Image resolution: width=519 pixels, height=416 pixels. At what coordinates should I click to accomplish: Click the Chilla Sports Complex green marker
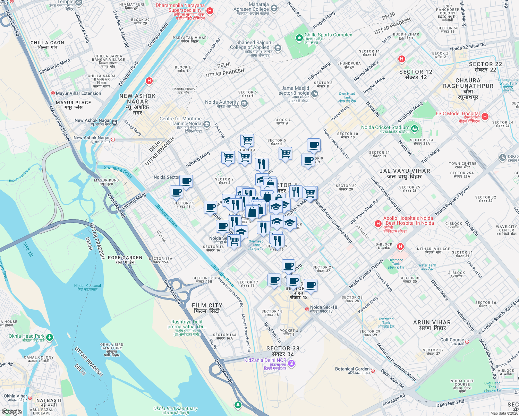[x=299, y=38]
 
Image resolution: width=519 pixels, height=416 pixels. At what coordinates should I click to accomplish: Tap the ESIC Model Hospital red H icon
[x=485, y=116]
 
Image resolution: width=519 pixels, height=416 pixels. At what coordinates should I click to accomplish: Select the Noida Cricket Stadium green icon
[x=415, y=129]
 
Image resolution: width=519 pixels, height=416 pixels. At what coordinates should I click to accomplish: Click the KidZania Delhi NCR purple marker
[x=291, y=363]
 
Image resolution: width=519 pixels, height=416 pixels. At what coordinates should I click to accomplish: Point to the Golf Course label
[x=452, y=340]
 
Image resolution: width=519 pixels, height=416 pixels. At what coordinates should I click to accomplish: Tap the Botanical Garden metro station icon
[x=373, y=371]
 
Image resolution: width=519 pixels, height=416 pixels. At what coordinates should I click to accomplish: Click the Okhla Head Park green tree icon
[x=50, y=337]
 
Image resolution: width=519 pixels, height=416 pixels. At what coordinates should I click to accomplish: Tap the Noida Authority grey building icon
[x=244, y=104]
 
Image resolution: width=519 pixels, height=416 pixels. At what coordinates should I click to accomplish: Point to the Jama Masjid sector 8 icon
[x=315, y=93]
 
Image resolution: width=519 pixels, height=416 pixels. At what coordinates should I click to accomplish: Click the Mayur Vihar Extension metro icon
[x=53, y=93]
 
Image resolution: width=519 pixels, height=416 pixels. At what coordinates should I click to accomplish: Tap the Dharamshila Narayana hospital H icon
[x=210, y=11]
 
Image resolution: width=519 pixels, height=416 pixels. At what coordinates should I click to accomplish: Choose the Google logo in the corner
[x=11, y=411]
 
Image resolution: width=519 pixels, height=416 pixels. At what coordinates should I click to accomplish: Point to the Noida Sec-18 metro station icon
[x=307, y=309]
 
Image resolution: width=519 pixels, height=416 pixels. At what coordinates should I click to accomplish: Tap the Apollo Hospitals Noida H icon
[x=378, y=224]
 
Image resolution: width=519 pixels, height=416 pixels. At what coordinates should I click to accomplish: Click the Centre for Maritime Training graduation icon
[x=207, y=124]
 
